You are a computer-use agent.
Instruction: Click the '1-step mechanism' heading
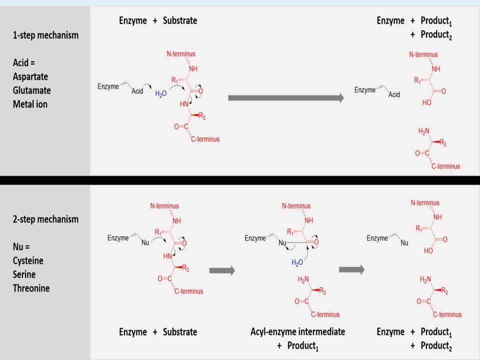(x=45, y=35)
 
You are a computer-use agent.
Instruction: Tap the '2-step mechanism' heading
(x=45, y=219)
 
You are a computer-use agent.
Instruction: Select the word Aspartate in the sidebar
(x=30, y=76)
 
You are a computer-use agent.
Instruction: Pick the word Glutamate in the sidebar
(x=32, y=90)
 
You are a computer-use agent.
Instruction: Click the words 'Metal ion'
(x=30, y=104)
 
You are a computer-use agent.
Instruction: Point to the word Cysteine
(x=28, y=260)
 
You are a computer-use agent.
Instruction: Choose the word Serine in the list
(x=24, y=274)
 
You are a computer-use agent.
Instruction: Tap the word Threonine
(x=31, y=288)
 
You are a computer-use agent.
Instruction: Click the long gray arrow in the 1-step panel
(x=286, y=98)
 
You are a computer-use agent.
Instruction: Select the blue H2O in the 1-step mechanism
(x=160, y=93)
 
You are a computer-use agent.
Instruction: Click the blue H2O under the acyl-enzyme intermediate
(x=297, y=262)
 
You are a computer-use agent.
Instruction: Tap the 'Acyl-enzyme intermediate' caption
(x=297, y=331)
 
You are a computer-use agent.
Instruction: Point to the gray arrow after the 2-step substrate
(x=222, y=270)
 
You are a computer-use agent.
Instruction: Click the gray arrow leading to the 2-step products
(x=351, y=269)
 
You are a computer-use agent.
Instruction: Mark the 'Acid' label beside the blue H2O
(x=137, y=91)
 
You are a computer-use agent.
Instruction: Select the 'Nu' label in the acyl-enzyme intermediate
(x=282, y=243)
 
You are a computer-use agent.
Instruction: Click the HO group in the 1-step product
(x=426, y=102)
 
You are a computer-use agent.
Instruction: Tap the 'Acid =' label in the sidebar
(x=24, y=63)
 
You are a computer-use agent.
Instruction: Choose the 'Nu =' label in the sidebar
(x=21, y=246)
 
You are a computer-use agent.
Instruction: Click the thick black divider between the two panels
(x=240, y=180)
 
